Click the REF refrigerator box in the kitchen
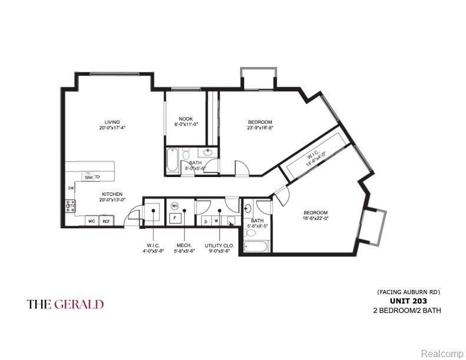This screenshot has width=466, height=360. [106, 221]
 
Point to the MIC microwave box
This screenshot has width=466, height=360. [92, 221]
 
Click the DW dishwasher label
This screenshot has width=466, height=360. [70, 188]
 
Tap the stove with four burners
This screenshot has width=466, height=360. [70, 206]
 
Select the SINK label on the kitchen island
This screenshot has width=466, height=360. [89, 176]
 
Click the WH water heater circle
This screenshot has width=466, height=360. [175, 206]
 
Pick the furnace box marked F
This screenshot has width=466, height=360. [174, 218]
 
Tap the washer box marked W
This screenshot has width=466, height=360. [217, 221]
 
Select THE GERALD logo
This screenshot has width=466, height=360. [65, 304]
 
